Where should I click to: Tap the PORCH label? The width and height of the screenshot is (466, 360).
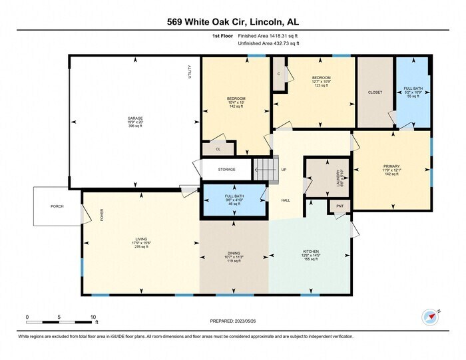coord(57,206)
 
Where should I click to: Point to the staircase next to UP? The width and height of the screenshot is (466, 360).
coord(265,169)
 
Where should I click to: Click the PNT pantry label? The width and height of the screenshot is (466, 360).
coord(340,207)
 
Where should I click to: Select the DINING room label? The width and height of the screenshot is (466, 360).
coord(234,253)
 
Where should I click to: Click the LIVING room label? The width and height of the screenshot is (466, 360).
coord(141,238)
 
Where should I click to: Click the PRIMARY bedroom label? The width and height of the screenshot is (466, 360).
coord(391,166)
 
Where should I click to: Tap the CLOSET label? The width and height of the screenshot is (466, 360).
coord(375,92)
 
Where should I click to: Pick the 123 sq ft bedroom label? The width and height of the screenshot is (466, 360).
coord(322,78)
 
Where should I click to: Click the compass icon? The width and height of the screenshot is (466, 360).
coord(428,315)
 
